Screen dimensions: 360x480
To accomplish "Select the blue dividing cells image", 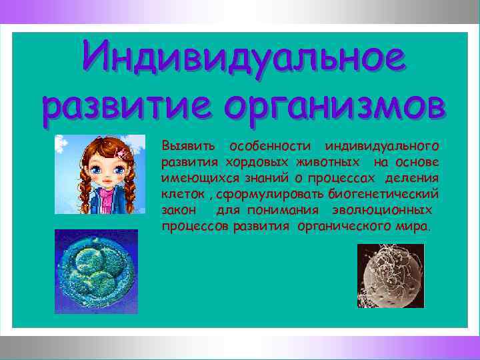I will (96, 271).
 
